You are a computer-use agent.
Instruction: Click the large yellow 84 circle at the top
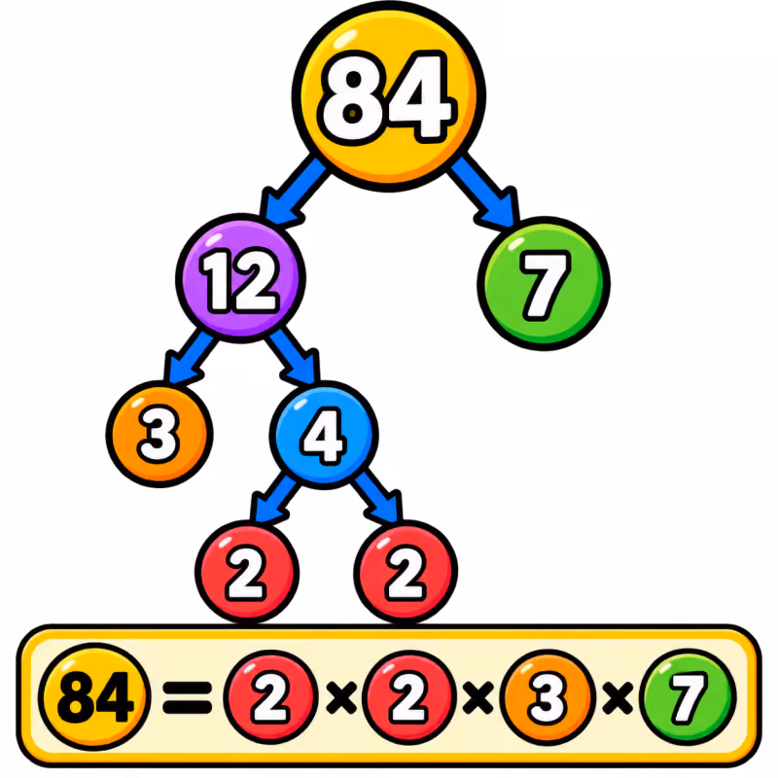tap(388, 96)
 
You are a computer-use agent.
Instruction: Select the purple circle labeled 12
tap(240, 278)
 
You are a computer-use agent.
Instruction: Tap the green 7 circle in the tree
tap(544, 283)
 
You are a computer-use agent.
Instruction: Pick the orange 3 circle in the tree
tap(159, 434)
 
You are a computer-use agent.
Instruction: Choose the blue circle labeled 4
tap(324, 435)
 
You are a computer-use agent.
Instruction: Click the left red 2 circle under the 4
tap(247, 572)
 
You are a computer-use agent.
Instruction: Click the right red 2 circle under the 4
tap(406, 572)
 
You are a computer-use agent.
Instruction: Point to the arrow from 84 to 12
tap(293, 191)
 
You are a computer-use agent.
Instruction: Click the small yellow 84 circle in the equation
tap(94, 696)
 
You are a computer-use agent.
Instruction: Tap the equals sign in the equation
tap(187, 697)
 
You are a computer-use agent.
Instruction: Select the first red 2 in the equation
tap(270, 697)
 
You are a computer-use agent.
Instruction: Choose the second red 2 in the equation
tap(408, 697)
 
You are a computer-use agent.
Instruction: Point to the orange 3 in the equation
tap(548, 697)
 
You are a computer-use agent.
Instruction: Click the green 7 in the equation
tap(688, 696)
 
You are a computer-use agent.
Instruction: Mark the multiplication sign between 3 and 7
tap(617, 697)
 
